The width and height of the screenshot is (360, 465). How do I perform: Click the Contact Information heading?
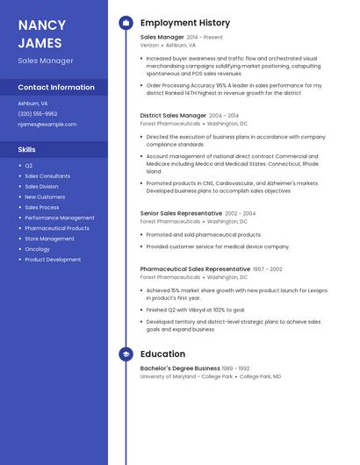pyautogui.click(x=56, y=88)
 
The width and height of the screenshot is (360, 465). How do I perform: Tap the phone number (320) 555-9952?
pyautogui.click(x=38, y=114)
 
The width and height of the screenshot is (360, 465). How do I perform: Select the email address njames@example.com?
pyautogui.click(x=47, y=125)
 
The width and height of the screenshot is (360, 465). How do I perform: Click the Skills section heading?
pyautogui.click(x=26, y=149)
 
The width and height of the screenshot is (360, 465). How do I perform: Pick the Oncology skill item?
pyautogui.click(x=37, y=249)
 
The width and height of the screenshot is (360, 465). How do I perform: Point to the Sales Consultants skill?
pyautogui.click(x=47, y=175)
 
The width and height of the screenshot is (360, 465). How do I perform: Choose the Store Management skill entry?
pyautogui.click(x=49, y=239)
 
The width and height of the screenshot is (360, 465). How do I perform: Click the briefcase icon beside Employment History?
pyautogui.click(x=126, y=23)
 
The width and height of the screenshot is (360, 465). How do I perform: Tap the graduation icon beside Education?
pyautogui.click(x=126, y=354)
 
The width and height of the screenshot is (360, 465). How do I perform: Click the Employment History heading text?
pyautogui.click(x=185, y=23)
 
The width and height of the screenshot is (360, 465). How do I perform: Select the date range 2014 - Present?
pyautogui.click(x=205, y=38)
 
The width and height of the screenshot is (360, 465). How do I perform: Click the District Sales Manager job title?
pyautogui.click(x=173, y=116)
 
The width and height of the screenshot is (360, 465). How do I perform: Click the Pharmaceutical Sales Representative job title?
pyautogui.click(x=195, y=269)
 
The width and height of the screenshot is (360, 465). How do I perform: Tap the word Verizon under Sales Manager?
pyautogui.click(x=149, y=45)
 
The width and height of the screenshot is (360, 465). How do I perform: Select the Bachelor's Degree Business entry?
pyautogui.click(x=180, y=368)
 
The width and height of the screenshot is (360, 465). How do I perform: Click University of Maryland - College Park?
pyautogui.click(x=186, y=376)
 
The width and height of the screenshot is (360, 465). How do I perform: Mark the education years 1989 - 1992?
pyautogui.click(x=235, y=368)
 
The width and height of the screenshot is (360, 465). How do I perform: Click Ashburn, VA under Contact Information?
pyautogui.click(x=33, y=104)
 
